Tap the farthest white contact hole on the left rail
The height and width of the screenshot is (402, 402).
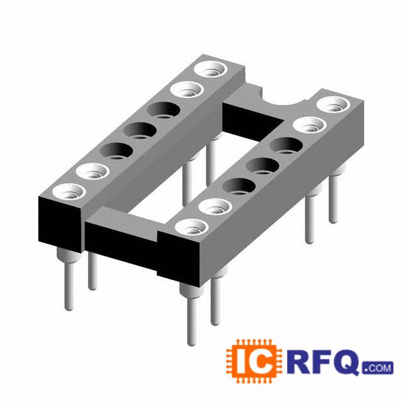pos(210,69)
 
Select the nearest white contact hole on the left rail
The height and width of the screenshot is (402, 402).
pos(68,192)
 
